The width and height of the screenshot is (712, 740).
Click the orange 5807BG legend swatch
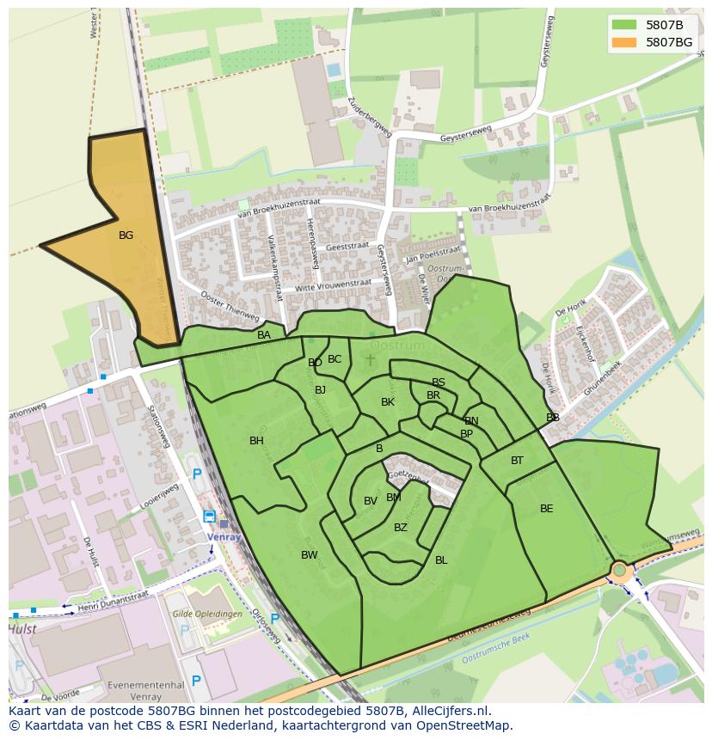pos(624,41)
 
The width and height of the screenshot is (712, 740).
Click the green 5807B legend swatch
pos(624,25)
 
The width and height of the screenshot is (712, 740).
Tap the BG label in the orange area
pos(126,235)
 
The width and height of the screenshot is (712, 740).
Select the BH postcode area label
pos(256,441)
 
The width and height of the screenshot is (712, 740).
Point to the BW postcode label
pos(310,555)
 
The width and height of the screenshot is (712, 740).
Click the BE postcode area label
pos(547,509)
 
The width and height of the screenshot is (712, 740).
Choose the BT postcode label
pos(517,461)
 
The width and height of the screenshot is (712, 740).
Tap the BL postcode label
pos(441,560)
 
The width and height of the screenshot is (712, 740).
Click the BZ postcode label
pos(401,528)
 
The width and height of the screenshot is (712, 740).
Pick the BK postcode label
pos(388,402)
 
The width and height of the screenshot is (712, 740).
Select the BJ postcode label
pos(321,390)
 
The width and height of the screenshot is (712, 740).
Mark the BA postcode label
pos(264,335)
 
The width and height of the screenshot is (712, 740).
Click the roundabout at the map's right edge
pos(619,570)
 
